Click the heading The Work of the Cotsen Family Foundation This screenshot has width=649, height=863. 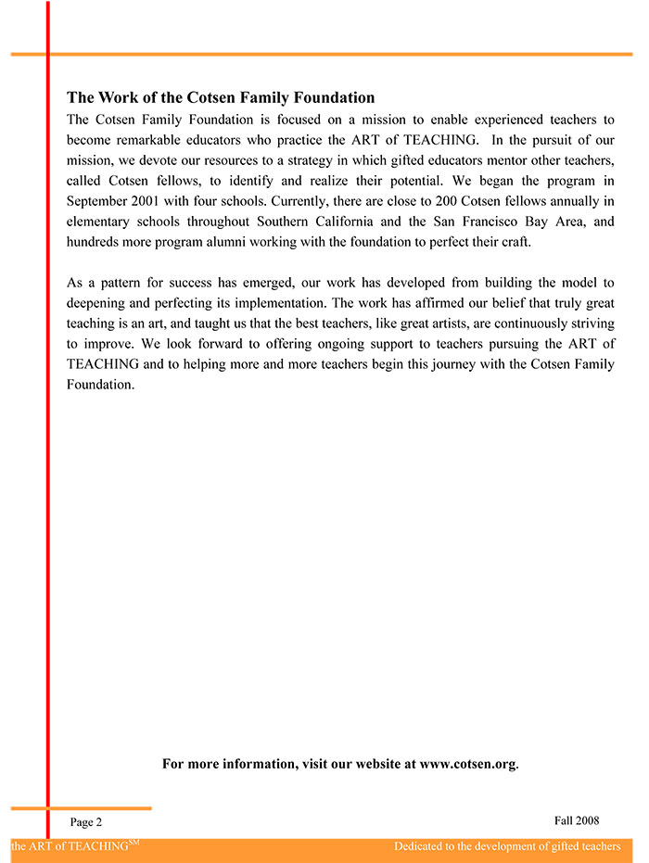221,97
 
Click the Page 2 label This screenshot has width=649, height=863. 86,822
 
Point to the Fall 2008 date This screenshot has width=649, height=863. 577,820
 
